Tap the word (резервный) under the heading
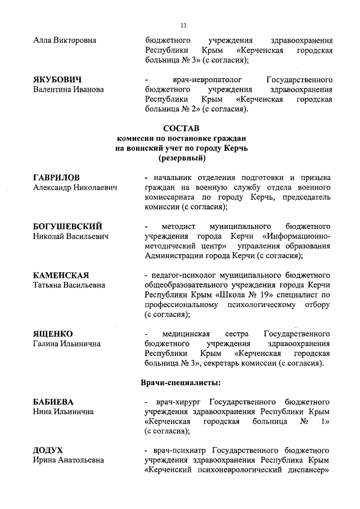[181, 159]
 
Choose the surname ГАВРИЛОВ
[56, 178]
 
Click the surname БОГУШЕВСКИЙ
[67, 226]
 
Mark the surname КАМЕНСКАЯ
[61, 275]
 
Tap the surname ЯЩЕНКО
[53, 334]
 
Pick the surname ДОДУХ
[48, 451]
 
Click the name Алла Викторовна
[65, 40]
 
